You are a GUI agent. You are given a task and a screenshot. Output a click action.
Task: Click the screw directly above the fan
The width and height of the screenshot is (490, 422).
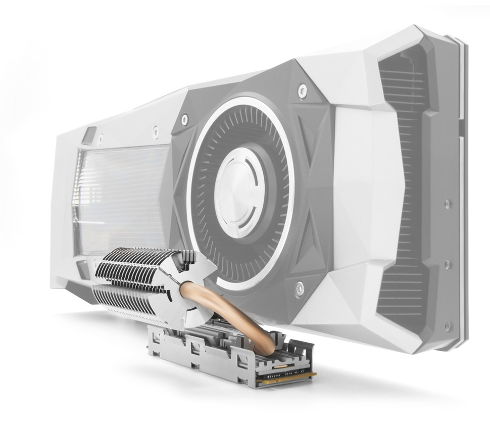coord(303,91)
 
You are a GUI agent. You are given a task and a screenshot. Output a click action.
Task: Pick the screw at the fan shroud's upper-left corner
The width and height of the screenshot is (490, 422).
coord(184,120)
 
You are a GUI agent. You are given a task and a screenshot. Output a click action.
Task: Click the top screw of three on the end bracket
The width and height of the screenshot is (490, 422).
coord(447,204)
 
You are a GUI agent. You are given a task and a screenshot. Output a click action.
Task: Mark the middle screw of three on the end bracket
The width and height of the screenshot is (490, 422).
coord(447,264)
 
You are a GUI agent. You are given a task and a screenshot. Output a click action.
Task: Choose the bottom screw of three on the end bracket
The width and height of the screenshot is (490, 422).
coord(447,325)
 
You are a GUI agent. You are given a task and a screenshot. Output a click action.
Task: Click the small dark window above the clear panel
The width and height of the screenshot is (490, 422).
coord(89,135)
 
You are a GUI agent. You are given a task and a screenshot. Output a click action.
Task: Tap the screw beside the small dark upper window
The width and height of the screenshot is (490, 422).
coord(101,137)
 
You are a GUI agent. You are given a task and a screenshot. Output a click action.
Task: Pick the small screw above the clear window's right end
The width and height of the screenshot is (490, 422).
coord(156,132)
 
